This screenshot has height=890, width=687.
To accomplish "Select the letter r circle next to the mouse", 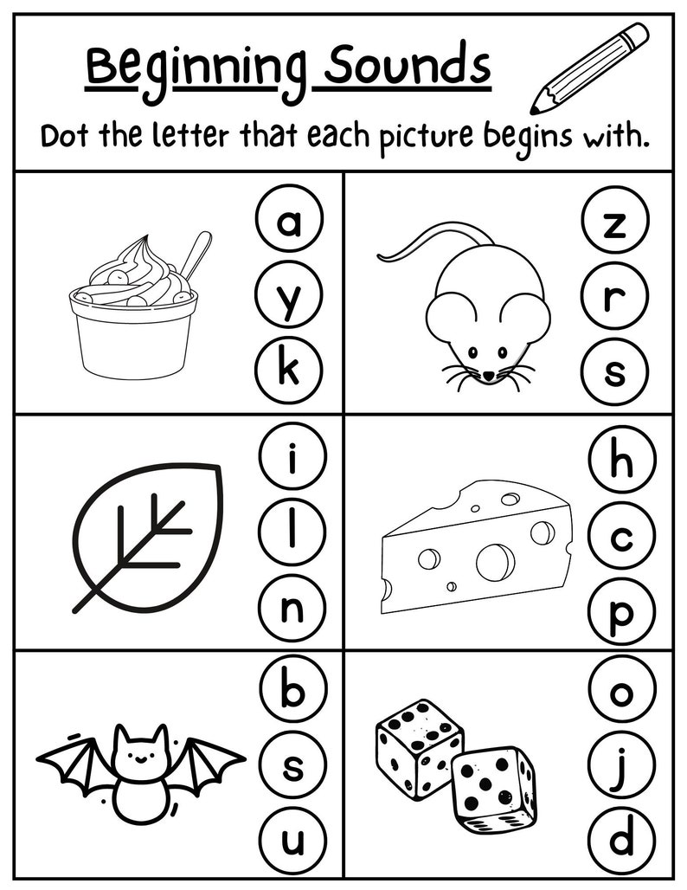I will point(615,298).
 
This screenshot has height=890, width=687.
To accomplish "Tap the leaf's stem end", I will point(80,606).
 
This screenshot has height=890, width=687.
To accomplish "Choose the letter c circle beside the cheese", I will point(620,539).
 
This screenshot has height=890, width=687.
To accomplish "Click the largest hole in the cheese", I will point(495,562).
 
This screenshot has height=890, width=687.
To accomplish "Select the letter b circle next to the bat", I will point(292,691).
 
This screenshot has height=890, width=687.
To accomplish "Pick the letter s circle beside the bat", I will point(292,765).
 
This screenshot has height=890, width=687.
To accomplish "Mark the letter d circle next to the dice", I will point(620,840).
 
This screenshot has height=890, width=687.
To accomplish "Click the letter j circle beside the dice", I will point(620,765).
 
